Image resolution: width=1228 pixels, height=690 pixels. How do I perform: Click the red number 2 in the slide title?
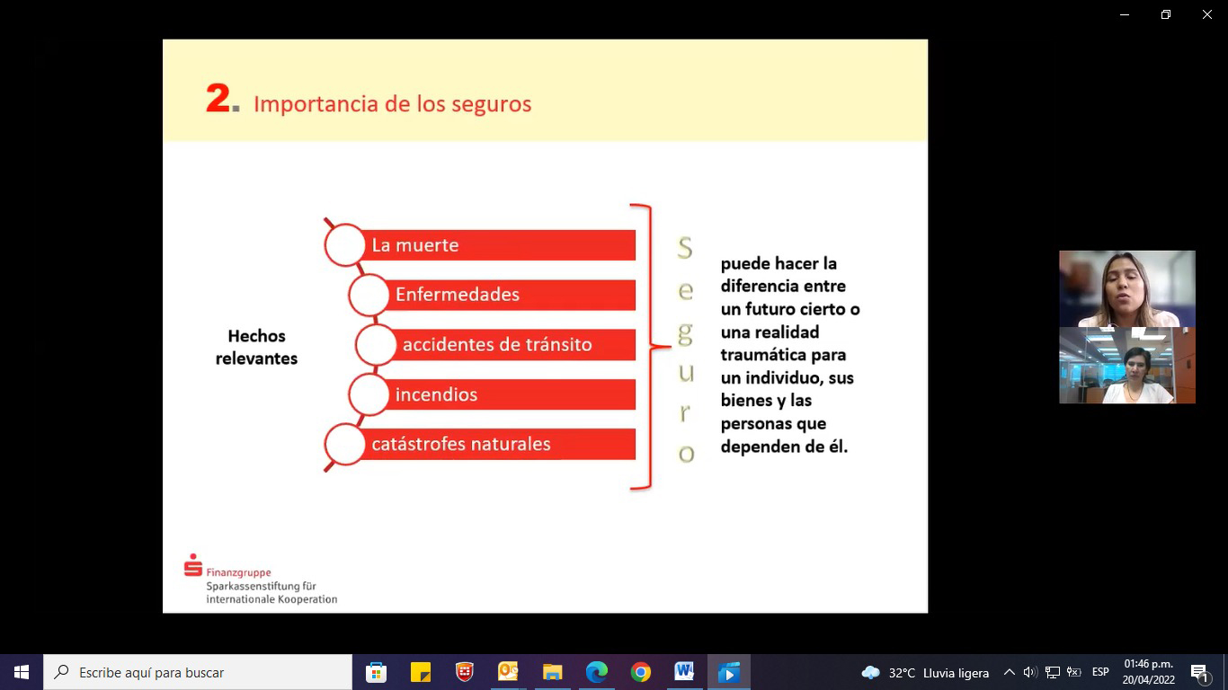(x=218, y=98)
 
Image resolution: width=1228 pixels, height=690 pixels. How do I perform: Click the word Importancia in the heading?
(x=316, y=104)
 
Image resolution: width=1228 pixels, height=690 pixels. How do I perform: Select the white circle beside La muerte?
(x=345, y=245)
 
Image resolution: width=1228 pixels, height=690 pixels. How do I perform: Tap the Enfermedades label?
(x=458, y=295)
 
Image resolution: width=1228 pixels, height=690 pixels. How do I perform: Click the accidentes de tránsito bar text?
(x=497, y=344)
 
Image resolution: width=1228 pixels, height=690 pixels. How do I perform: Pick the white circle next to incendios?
(x=369, y=394)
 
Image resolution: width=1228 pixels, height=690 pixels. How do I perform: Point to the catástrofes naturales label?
(x=461, y=444)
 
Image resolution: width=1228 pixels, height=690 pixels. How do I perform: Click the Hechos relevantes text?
(x=256, y=347)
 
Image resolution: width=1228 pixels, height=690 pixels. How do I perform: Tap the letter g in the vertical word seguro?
(x=685, y=333)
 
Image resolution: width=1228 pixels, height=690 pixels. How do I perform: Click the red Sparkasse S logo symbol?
(x=193, y=565)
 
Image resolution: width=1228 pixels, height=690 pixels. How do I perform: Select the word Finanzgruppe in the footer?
(x=238, y=572)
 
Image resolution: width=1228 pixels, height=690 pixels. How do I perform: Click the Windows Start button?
(x=22, y=672)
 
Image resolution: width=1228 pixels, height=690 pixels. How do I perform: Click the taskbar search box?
(x=198, y=672)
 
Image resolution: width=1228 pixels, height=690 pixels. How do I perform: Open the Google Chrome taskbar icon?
(x=640, y=672)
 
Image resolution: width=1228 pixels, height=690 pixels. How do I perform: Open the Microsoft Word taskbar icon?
(x=684, y=671)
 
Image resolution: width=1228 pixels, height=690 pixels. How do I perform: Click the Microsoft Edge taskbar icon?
(x=596, y=672)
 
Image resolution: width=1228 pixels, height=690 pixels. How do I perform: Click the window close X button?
(x=1207, y=14)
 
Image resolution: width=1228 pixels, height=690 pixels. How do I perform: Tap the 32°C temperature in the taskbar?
(x=902, y=672)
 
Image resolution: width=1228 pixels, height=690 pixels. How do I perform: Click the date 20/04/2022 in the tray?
(x=1149, y=680)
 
